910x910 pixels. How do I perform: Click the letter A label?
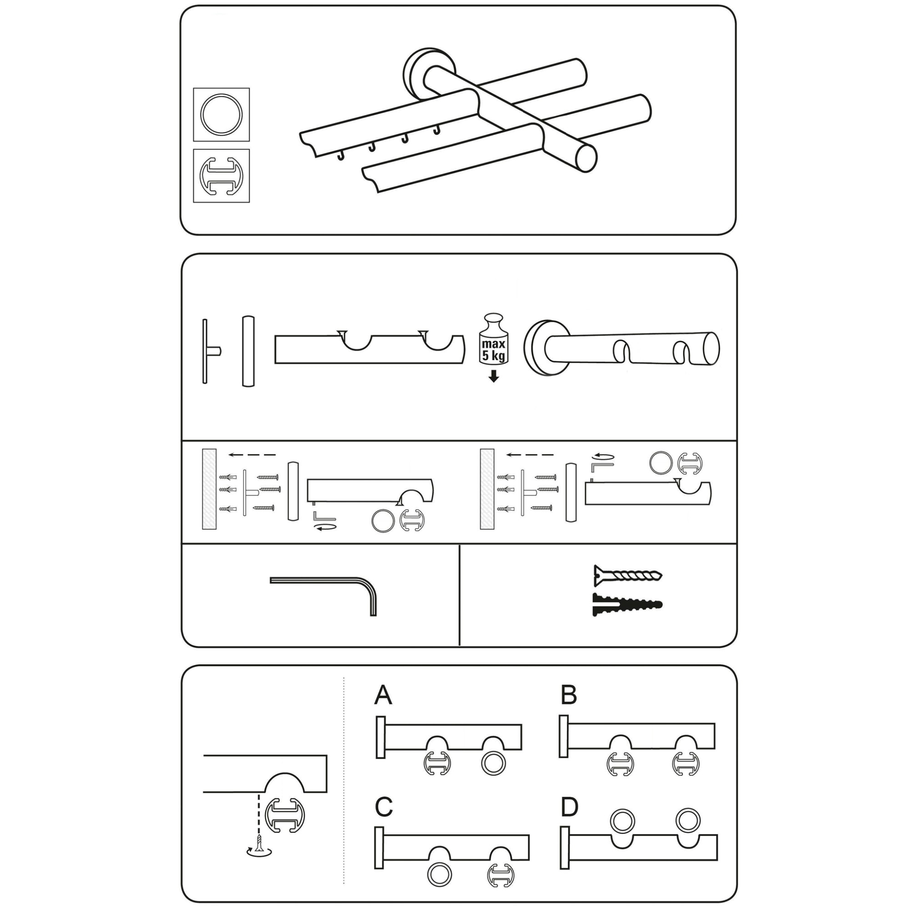point(383,695)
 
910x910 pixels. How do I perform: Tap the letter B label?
point(569,695)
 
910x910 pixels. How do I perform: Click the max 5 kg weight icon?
point(494,339)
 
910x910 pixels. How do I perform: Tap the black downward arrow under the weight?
point(494,376)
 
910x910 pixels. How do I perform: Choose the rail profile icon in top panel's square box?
point(222,176)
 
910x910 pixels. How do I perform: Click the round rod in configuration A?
point(493,764)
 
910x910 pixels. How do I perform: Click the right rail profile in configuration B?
point(686,764)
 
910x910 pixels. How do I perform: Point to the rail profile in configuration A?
point(438,764)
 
